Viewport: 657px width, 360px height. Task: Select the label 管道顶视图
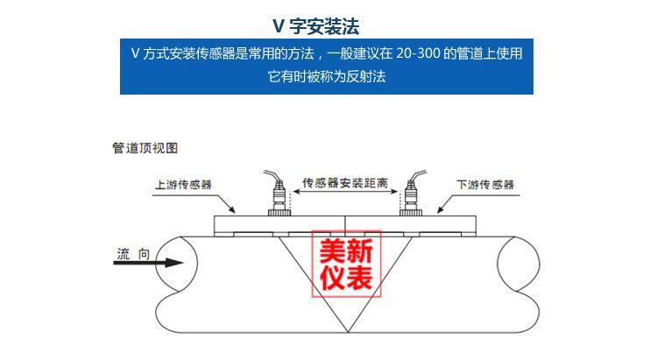(x=145, y=149)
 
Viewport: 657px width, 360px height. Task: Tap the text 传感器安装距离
(x=345, y=183)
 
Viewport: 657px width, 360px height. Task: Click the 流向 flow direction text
(x=132, y=254)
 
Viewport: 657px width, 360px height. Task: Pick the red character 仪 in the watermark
(x=332, y=279)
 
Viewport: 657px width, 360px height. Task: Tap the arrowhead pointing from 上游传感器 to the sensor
(x=235, y=213)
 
